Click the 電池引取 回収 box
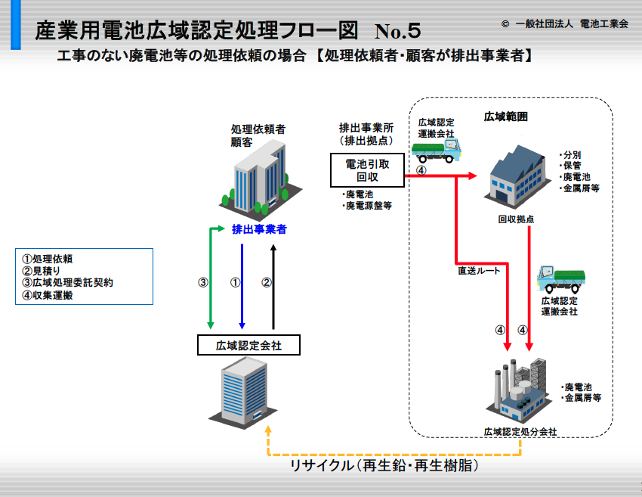pyautogui.click(x=367, y=170)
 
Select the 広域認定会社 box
pyautogui.click(x=248, y=345)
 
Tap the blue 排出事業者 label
pyautogui.click(x=259, y=229)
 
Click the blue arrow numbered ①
pyautogui.click(x=242, y=286)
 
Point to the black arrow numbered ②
pyautogui.click(x=273, y=286)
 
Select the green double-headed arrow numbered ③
pyautogui.click(x=211, y=279)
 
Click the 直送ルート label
pyautogui.click(x=479, y=271)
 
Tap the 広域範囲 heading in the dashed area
pyautogui.click(x=505, y=116)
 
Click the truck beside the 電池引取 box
pyautogui.click(x=436, y=151)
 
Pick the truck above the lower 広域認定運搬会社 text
pyautogui.click(x=561, y=279)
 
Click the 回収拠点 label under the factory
pyautogui.click(x=516, y=219)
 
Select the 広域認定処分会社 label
pyautogui.click(x=520, y=432)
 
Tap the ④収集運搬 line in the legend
pyautogui.click(x=48, y=295)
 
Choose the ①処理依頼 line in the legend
pyautogui.click(x=48, y=259)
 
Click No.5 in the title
pyautogui.click(x=397, y=31)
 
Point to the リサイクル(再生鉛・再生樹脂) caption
pyautogui.click(x=384, y=466)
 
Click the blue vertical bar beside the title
pyautogui.click(x=16, y=25)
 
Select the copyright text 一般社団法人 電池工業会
pyautogui.click(x=572, y=23)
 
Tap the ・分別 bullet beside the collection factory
pyautogui.click(x=570, y=155)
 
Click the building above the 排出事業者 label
pyautogui.click(x=261, y=179)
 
